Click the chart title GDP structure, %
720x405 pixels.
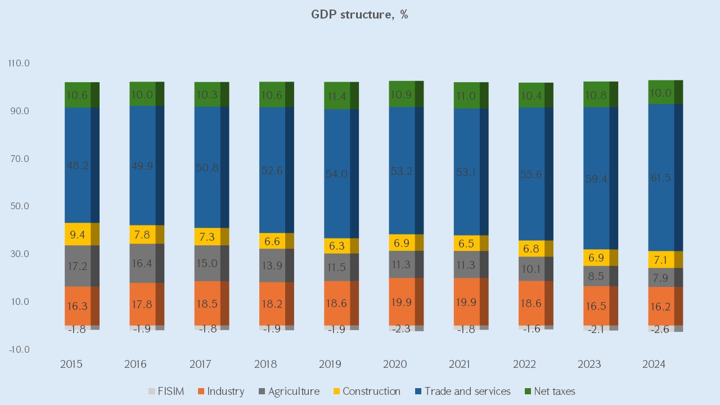point(359,15)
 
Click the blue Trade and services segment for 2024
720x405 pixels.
point(661,178)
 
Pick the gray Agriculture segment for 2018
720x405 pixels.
point(272,265)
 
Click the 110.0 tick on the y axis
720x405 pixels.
point(19,64)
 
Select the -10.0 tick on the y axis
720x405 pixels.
point(19,349)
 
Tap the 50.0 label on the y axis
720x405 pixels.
point(19,206)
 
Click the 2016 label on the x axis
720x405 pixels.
point(136,364)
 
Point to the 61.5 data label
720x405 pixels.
point(661,178)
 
